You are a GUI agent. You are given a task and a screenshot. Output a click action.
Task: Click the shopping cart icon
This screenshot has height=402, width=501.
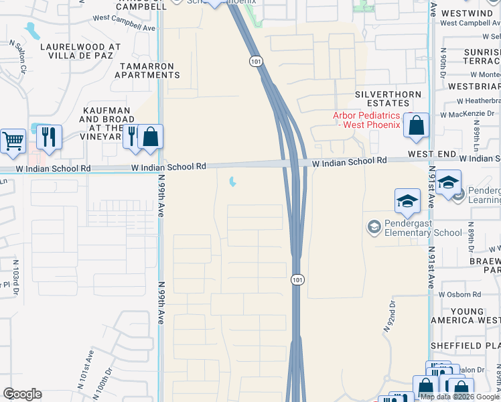point(13,141)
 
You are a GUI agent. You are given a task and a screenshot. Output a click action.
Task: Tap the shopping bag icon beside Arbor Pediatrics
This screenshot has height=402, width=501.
point(417,125)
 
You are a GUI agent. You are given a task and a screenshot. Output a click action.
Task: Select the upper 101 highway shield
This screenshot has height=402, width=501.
point(256,61)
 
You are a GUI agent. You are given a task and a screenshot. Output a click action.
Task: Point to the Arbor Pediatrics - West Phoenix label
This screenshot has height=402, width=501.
point(366,120)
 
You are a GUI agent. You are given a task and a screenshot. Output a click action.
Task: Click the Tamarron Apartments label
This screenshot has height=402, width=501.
point(148,70)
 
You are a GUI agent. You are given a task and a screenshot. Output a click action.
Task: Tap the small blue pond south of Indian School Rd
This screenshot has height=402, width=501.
point(232,182)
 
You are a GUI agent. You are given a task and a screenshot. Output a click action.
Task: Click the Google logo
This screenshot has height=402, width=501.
point(22,393)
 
